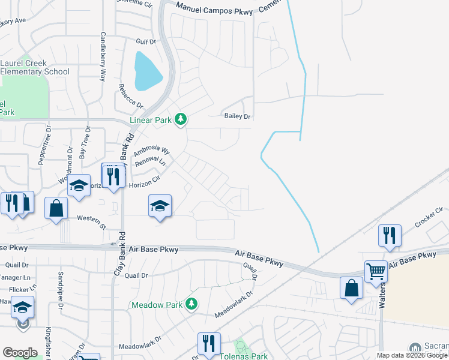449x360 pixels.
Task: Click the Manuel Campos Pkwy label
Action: coord(215,6)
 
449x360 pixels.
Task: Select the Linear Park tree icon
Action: coord(181,120)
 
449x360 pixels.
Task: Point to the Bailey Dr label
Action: coord(237,116)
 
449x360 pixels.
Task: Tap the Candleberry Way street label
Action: coord(103,56)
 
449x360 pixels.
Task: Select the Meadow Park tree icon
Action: coord(191,304)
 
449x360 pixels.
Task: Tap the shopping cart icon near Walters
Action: coord(376,271)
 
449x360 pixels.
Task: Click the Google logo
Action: coord(20,353)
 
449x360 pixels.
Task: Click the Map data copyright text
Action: coord(412,355)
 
